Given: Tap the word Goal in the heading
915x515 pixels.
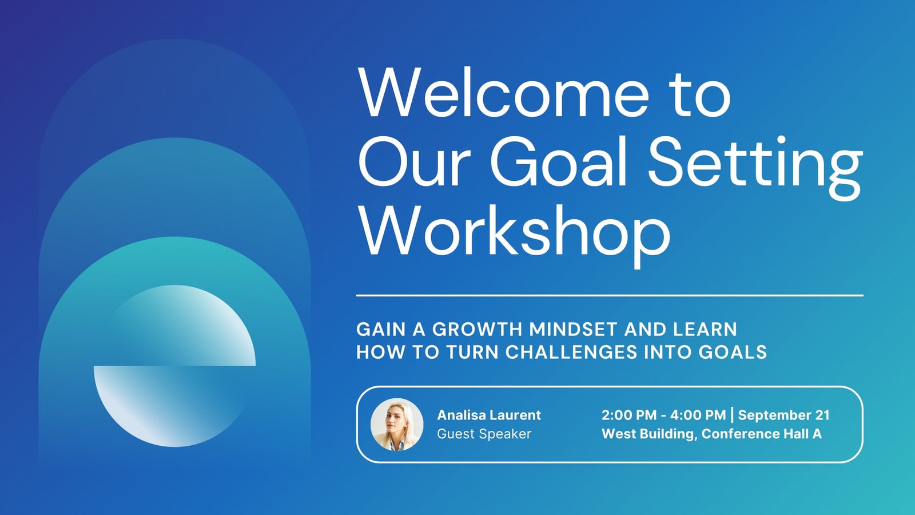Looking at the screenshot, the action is click(558, 161).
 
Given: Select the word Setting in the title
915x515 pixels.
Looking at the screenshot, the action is click(755, 168).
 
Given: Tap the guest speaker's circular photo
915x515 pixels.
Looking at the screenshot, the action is click(397, 424).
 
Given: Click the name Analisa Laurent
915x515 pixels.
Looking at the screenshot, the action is click(489, 415).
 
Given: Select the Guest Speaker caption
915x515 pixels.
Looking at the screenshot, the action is click(484, 434).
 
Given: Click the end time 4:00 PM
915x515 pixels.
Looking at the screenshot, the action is click(698, 415).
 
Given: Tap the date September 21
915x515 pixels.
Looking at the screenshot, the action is click(784, 415).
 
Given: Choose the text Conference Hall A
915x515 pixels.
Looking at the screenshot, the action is click(761, 434).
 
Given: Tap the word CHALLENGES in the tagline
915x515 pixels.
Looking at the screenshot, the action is click(571, 352).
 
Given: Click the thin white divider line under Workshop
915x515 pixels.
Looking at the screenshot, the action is click(610, 295).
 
